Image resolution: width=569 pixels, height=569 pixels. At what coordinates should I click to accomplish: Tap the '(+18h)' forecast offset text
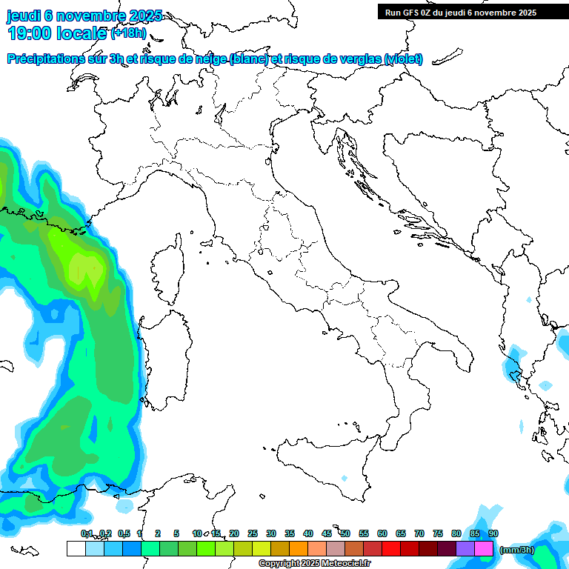point(128,33)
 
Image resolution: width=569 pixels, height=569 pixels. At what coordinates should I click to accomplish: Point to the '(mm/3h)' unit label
point(517,550)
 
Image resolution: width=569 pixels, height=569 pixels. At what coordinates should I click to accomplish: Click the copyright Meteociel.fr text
point(315,564)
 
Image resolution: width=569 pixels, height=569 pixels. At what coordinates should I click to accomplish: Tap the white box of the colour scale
point(76,549)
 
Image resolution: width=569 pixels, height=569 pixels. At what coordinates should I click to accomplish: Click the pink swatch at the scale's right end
point(484,549)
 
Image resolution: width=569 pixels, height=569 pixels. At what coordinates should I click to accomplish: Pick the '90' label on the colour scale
point(493,534)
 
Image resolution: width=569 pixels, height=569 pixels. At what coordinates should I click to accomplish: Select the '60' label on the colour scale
point(382,534)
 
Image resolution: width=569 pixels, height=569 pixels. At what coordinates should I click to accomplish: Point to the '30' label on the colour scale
point(271,534)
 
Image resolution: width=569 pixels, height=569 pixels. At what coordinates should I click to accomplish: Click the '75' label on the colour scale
point(438,534)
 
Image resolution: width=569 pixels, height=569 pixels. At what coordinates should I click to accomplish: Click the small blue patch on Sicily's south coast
point(343,478)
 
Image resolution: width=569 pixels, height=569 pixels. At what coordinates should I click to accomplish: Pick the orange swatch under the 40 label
point(299,549)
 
